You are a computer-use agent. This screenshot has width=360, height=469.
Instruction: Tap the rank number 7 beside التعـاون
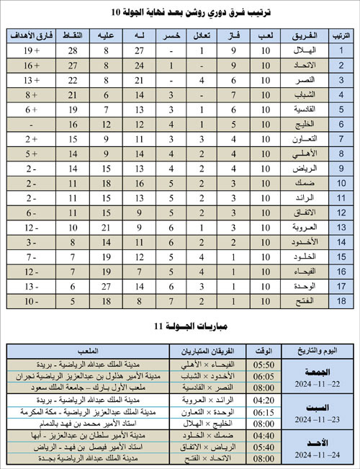point(340,139)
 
